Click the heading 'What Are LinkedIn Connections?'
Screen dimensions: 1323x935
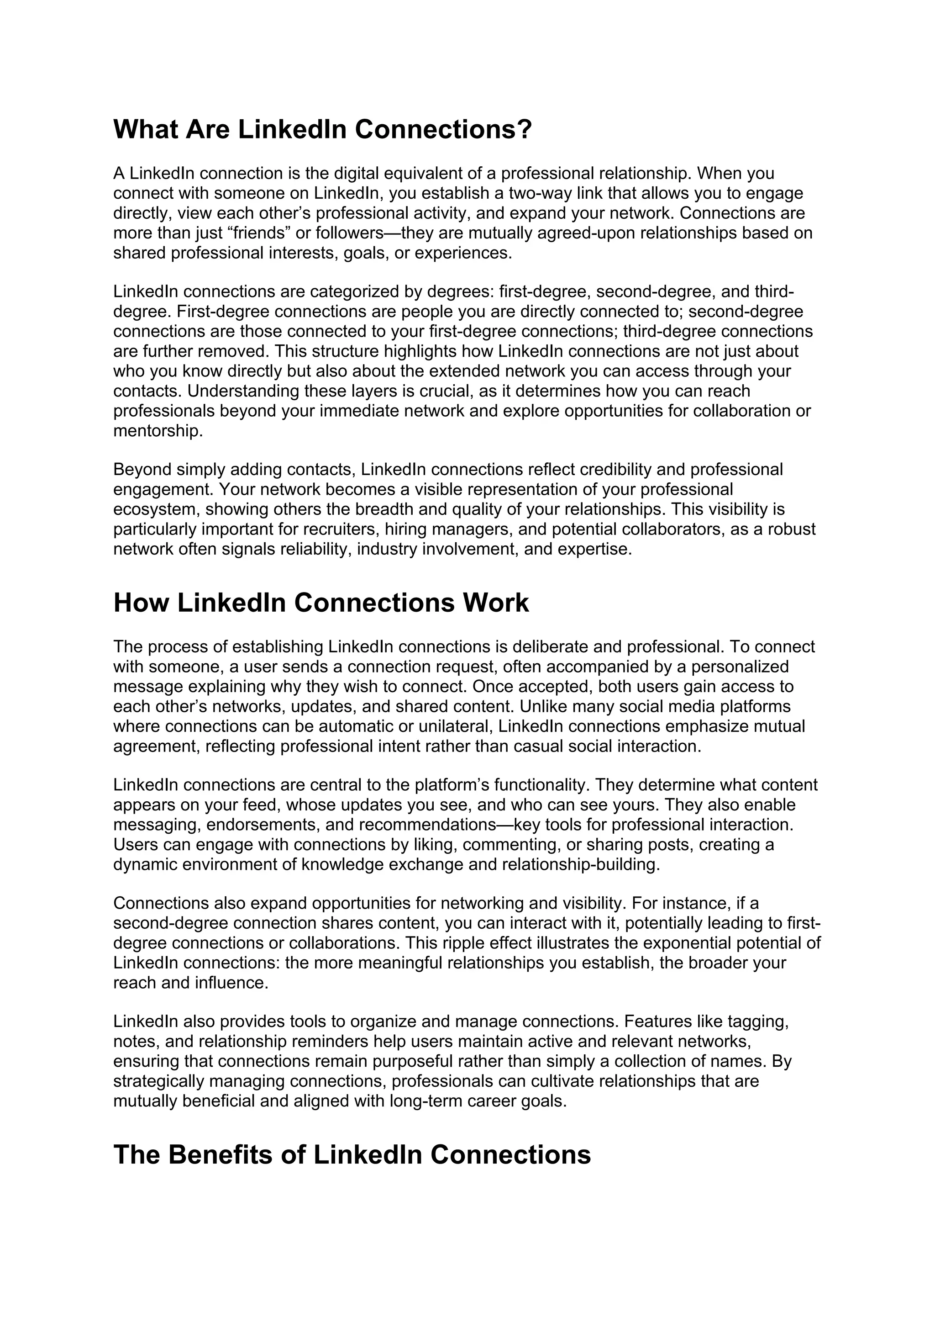coord(322,129)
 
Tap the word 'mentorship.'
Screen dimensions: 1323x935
coord(158,431)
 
